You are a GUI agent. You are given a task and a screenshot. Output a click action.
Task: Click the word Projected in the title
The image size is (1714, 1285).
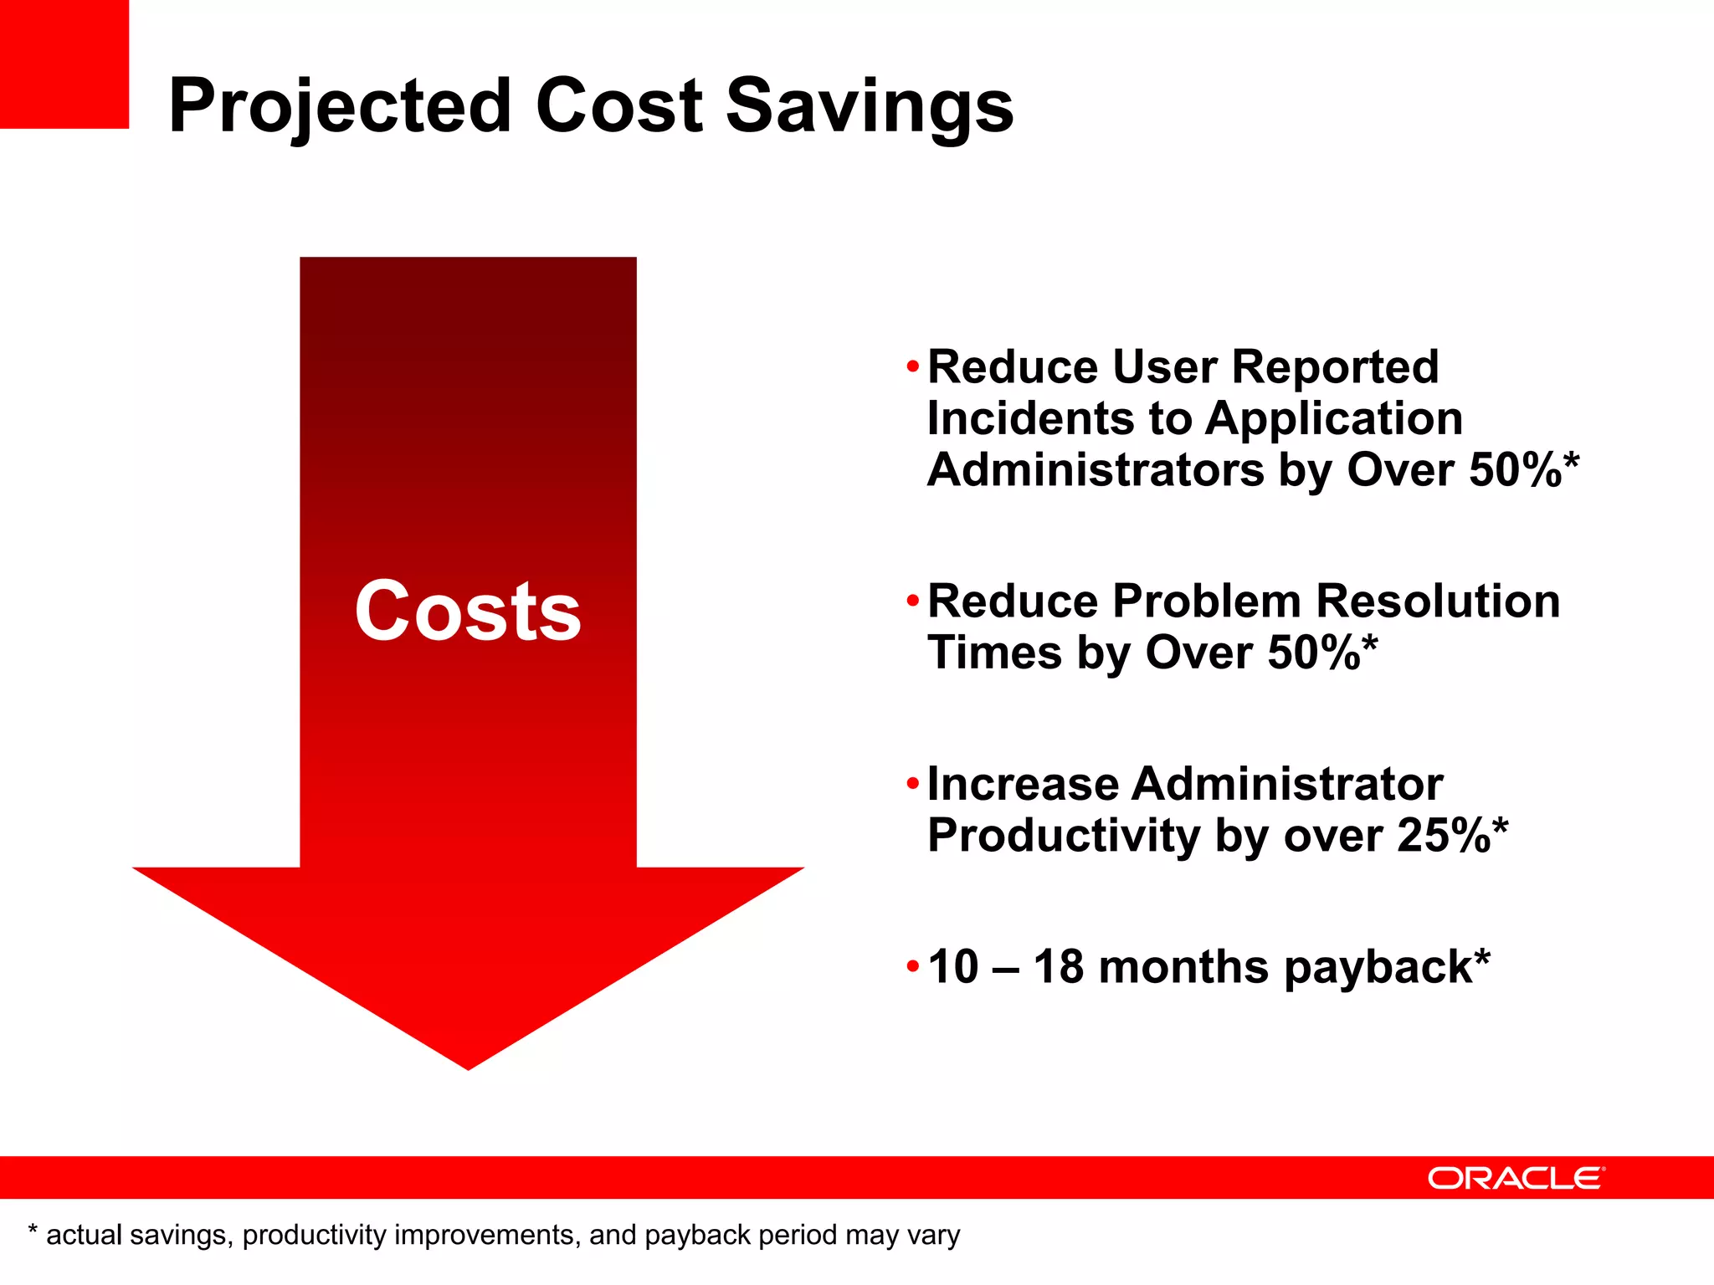(339, 107)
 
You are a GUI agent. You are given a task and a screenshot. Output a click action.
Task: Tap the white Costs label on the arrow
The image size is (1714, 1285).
(468, 612)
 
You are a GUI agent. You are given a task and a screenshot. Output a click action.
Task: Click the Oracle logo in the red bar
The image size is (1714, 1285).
(1516, 1178)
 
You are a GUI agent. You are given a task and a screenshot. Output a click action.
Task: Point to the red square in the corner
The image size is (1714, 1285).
(64, 64)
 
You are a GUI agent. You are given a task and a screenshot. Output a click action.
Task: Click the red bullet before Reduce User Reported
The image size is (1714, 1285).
(912, 366)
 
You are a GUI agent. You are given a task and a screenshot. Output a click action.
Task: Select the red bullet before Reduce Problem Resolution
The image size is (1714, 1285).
(912, 601)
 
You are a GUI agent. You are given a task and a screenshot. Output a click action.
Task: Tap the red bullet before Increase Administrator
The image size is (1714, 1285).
(912, 784)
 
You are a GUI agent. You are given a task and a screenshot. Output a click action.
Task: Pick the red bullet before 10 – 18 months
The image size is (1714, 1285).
(912, 967)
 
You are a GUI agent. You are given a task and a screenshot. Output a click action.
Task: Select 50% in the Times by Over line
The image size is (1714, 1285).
(1313, 653)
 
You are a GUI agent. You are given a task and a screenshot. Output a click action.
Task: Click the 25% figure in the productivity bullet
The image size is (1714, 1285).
(1443, 835)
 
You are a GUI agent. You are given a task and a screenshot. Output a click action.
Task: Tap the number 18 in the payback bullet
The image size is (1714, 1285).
(1059, 967)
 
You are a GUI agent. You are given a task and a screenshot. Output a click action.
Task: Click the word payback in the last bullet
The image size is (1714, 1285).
(1378, 969)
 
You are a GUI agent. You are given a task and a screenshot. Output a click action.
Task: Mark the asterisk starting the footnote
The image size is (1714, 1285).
(33, 1231)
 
